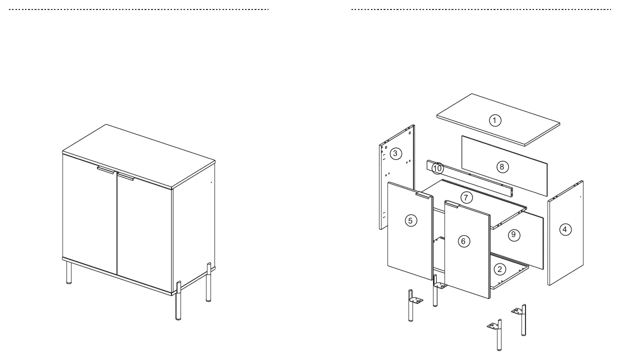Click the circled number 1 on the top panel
click(x=495, y=120)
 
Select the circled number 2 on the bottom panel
click(x=499, y=269)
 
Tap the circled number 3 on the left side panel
click(x=395, y=153)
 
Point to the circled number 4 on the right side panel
click(x=565, y=229)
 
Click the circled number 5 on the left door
click(x=411, y=221)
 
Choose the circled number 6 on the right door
click(x=463, y=241)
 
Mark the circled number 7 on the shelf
click(x=466, y=198)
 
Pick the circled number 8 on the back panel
click(x=502, y=167)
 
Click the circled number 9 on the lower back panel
click(x=513, y=235)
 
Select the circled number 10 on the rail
click(x=437, y=168)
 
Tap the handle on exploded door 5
click(x=424, y=195)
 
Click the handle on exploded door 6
click(x=451, y=204)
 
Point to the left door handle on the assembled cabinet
click(x=106, y=170)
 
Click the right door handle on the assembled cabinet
click(x=125, y=176)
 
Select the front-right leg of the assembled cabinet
click(x=178, y=301)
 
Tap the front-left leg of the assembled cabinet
click(x=69, y=272)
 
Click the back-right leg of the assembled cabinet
click(x=208, y=282)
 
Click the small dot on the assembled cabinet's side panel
click(x=211, y=182)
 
